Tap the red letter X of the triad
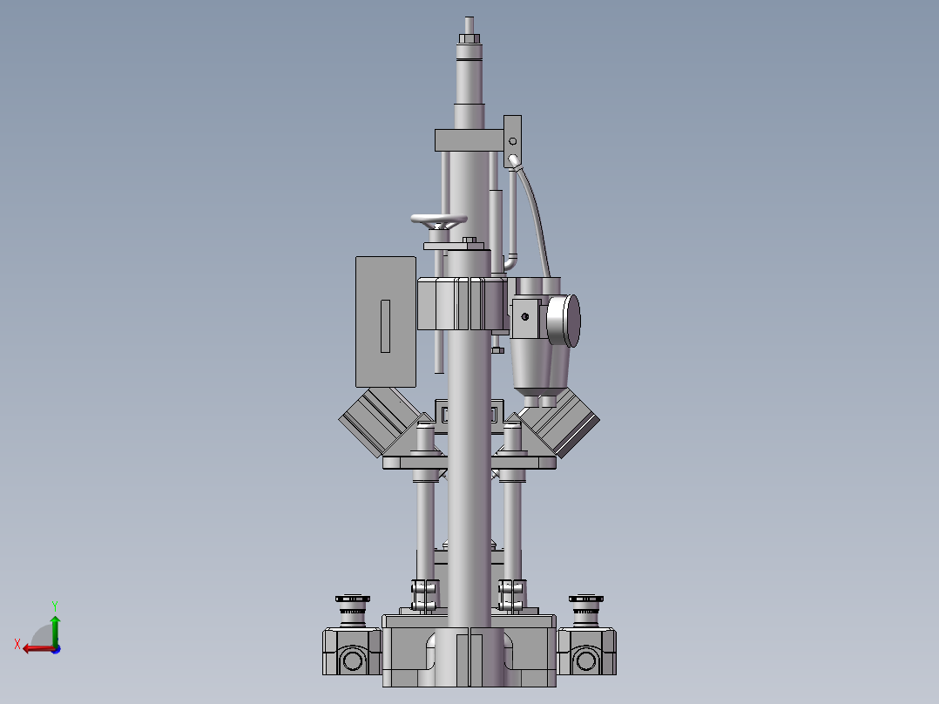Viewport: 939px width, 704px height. tap(17, 644)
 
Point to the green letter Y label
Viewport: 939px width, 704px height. tap(54, 604)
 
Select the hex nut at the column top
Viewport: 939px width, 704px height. tap(469, 38)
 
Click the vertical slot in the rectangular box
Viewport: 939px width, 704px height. tap(386, 326)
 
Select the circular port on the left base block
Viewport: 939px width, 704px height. tap(352, 660)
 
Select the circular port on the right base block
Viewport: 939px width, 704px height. tap(585, 660)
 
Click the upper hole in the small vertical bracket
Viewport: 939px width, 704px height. tap(513, 141)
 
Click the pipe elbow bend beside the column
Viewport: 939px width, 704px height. tap(511, 261)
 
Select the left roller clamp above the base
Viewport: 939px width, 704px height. tap(424, 595)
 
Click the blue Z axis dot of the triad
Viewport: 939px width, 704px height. tap(55, 648)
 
